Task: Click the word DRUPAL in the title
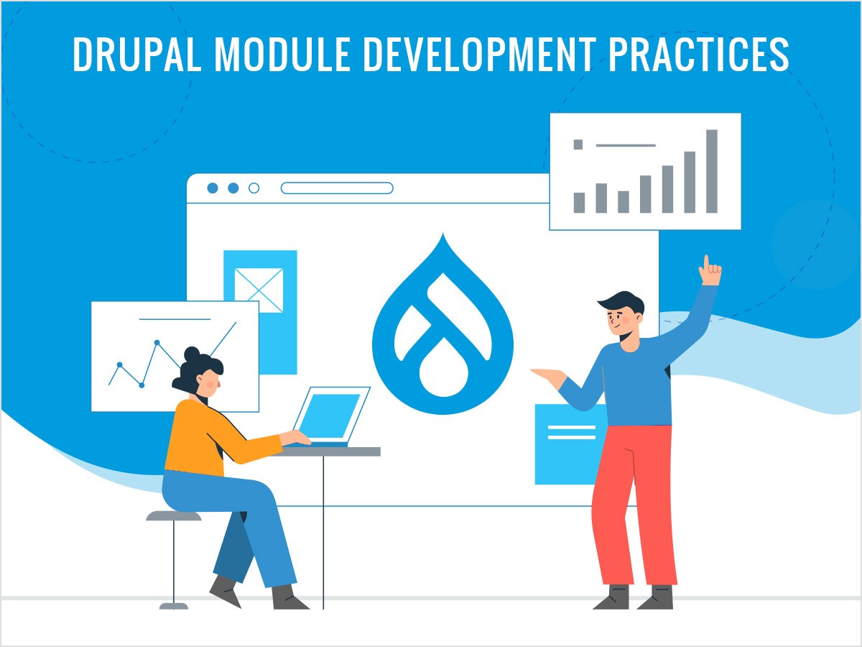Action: (136, 54)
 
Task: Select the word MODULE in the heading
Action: (282, 54)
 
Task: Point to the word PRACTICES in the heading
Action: (699, 54)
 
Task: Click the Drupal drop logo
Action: (442, 326)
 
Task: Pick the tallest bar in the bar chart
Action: (712, 171)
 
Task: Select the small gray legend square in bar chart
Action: (578, 144)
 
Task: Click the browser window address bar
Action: (337, 188)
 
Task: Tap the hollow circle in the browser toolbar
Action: (254, 188)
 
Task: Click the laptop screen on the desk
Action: (329, 416)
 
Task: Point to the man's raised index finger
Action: (706, 263)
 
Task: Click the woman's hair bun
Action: (192, 354)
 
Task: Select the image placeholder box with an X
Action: (259, 290)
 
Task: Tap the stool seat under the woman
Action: (174, 515)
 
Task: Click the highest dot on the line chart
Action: (157, 343)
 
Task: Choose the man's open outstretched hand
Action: (548, 376)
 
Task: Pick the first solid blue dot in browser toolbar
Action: (213, 188)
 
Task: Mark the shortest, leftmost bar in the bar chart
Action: (579, 203)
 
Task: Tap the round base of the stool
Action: (174, 607)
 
